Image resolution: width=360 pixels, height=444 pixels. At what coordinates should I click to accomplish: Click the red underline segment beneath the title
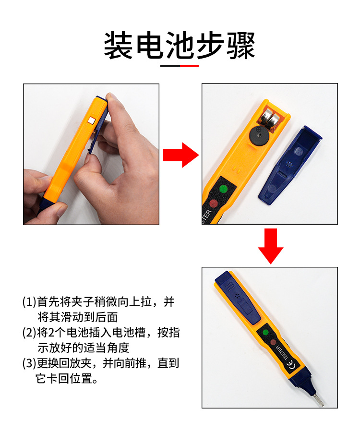coord(190,65)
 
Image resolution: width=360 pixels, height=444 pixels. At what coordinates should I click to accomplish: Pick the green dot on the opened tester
coord(222,189)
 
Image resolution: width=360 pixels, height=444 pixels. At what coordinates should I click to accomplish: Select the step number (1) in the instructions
coord(29,302)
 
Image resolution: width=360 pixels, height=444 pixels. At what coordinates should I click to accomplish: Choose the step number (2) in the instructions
coord(29,333)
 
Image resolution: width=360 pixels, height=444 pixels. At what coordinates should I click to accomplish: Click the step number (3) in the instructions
coord(29,363)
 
